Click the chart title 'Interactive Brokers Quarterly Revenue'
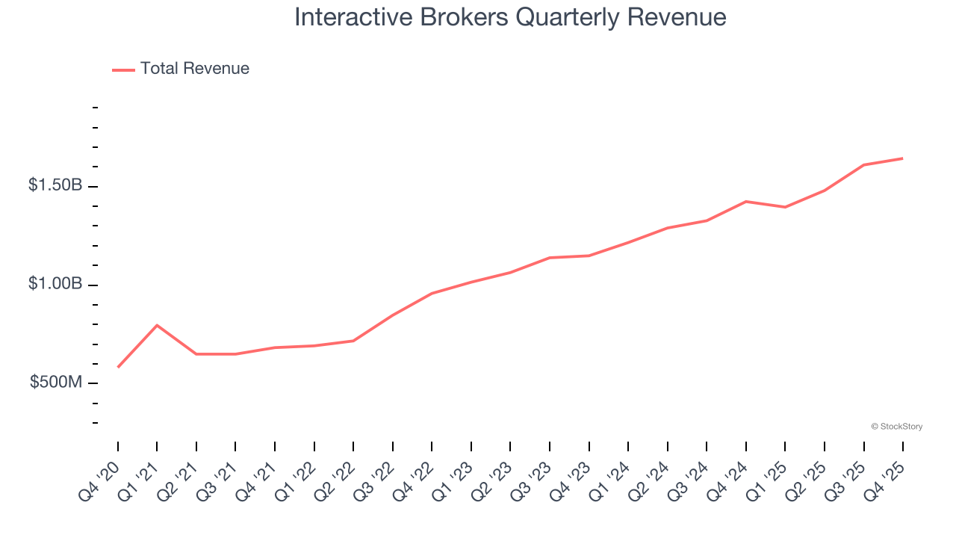tap(510, 16)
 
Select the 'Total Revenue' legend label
tap(194, 69)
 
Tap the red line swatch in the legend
tap(123, 69)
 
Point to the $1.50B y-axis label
tap(55, 185)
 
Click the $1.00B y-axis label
tap(55, 284)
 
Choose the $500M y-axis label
tap(56, 383)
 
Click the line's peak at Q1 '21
tap(157, 325)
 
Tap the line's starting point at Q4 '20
tap(118, 367)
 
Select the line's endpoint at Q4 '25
tap(902, 158)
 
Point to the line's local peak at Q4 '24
tap(745, 202)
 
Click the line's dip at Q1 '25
tap(785, 207)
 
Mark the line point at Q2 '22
tap(353, 341)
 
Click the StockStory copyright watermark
tap(896, 427)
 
